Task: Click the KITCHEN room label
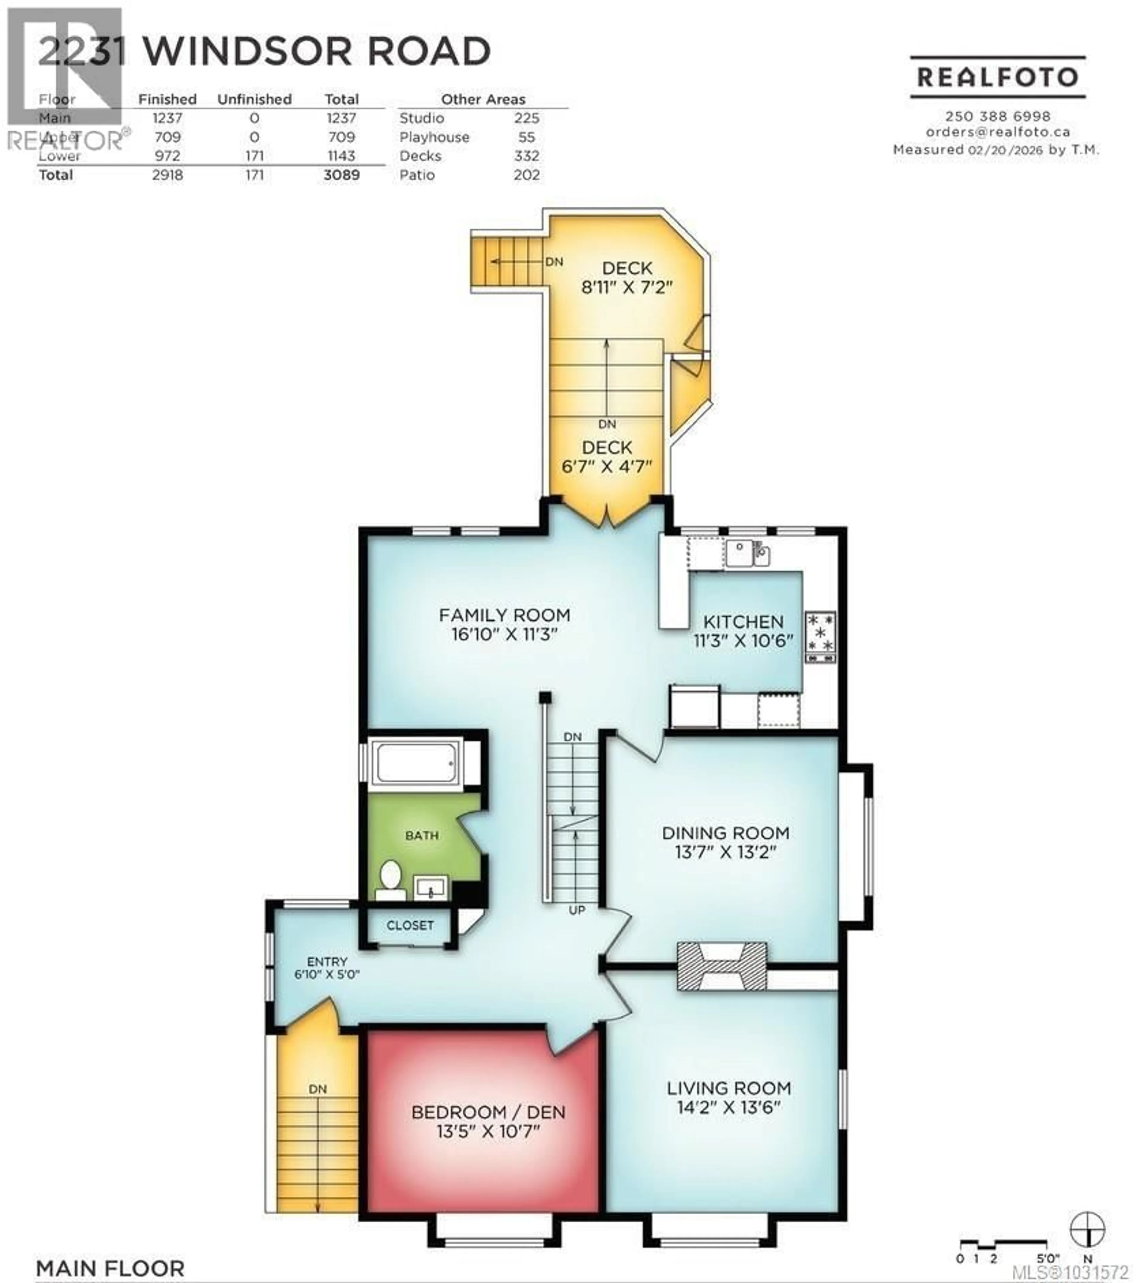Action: (x=743, y=621)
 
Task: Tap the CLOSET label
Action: (x=410, y=925)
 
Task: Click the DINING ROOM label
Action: (x=725, y=833)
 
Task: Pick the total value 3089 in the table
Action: (x=341, y=175)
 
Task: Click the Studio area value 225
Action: (x=526, y=118)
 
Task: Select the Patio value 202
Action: (x=526, y=175)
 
